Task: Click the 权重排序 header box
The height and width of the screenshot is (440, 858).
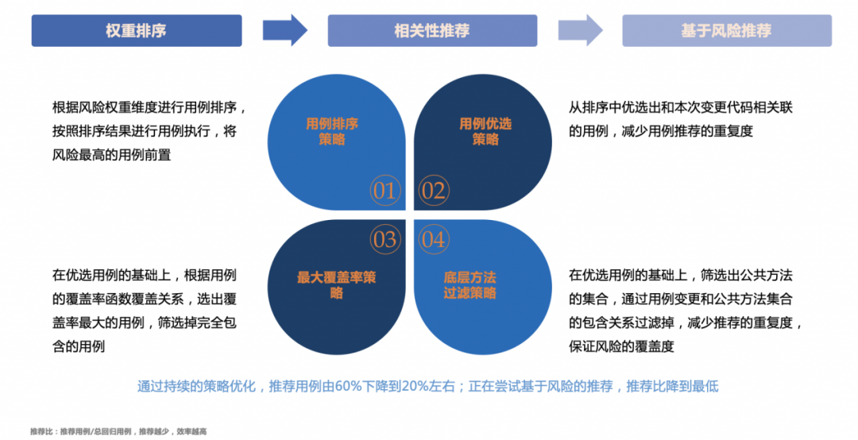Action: coord(136,31)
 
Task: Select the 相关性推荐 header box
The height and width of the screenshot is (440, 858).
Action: coord(431,31)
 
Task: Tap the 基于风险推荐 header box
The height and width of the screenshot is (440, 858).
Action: coord(726,31)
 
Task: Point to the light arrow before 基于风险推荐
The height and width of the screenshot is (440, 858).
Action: coord(580,31)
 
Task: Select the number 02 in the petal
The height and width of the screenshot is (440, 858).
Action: coord(433,191)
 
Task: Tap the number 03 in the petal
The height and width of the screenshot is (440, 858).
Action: coord(385,240)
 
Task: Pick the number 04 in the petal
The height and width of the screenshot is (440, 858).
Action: coord(433,240)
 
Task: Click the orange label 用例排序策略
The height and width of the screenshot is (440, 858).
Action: coord(332,132)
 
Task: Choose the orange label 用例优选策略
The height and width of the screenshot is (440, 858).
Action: coord(485,132)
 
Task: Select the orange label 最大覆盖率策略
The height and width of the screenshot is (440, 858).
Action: coord(336,285)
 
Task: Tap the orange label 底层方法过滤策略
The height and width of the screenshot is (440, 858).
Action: coord(470,285)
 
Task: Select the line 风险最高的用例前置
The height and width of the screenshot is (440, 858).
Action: coord(111,156)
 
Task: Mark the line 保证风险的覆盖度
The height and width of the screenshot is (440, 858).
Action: coord(621,347)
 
